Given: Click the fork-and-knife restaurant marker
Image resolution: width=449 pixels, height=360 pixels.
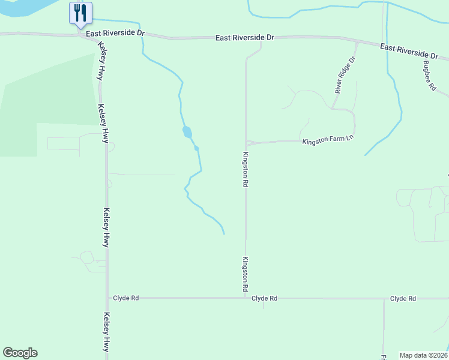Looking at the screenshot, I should (x=80, y=13).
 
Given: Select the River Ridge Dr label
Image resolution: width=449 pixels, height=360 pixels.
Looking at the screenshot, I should (x=346, y=75).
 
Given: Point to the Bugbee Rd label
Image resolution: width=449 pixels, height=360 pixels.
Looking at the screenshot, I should (x=429, y=76).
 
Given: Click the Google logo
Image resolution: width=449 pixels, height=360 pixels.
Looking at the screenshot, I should (x=20, y=353).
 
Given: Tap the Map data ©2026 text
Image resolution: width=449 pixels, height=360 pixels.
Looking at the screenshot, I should (x=423, y=355).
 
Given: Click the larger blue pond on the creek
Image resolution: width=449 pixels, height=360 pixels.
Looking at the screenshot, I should (x=187, y=131).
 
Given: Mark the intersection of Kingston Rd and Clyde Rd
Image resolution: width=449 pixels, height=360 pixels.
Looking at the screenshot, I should (x=246, y=298).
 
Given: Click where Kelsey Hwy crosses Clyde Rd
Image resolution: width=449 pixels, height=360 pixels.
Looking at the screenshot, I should (x=107, y=298).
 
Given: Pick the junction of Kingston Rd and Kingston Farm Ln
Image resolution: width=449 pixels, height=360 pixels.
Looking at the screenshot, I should (x=246, y=143).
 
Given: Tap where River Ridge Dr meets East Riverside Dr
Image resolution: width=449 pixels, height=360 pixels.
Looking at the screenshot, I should (x=358, y=42).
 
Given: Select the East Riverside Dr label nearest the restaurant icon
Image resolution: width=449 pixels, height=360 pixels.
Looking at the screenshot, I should (x=115, y=34).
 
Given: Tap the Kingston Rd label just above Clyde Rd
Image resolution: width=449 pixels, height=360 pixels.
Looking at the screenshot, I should (x=246, y=274).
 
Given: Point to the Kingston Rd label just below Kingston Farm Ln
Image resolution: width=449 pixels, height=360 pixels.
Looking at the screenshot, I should (x=246, y=170).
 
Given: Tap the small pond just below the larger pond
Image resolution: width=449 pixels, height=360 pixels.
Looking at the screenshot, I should (x=196, y=148).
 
